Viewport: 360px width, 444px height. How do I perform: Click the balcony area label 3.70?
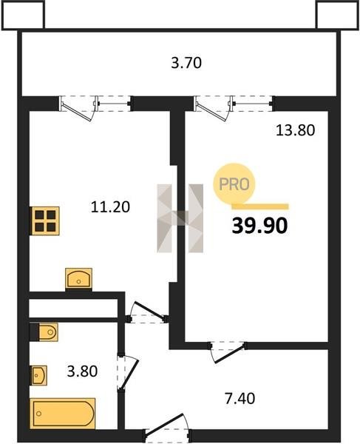[186, 63]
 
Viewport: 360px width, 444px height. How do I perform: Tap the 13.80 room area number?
[295, 130]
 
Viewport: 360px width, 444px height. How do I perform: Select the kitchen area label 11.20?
[110, 206]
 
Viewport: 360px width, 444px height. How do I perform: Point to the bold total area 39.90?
[259, 226]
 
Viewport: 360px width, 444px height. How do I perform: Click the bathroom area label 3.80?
[82, 371]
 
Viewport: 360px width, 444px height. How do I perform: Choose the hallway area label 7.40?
[240, 398]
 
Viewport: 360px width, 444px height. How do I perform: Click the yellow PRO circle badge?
[234, 184]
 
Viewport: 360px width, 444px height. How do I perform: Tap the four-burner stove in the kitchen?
[46, 221]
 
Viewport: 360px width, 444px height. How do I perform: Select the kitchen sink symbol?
[78, 278]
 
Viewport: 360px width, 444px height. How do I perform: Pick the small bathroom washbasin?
[38, 375]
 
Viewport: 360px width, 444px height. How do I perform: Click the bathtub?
[63, 414]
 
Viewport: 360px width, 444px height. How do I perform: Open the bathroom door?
[127, 371]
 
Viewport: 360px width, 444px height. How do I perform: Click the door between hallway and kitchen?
[147, 312]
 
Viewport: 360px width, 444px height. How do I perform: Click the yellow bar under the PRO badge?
[260, 206]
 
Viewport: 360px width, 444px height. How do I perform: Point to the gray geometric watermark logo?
[180, 218]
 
